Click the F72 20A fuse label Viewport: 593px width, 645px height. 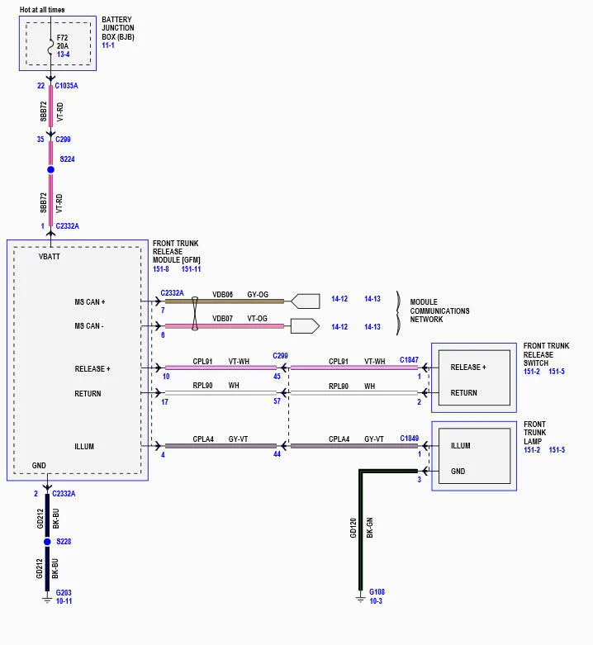coord(63,42)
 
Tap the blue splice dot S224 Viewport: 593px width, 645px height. coord(50,169)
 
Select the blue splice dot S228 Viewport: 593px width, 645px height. coord(47,542)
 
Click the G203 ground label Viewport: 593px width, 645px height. coord(64,593)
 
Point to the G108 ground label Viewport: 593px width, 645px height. coord(377,592)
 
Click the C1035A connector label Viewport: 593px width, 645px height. coord(66,86)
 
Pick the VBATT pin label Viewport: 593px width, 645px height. coord(50,257)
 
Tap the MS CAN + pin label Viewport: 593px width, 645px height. coord(90,302)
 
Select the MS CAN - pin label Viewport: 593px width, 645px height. coord(89,325)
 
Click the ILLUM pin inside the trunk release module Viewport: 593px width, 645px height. coord(84,446)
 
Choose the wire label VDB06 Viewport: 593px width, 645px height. coord(222,295)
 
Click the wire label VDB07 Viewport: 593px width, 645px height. coord(222,319)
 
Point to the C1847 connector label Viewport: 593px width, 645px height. coord(409,360)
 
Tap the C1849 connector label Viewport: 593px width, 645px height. coord(409,439)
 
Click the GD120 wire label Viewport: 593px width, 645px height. coord(353,528)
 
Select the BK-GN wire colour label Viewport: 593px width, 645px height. coord(370,528)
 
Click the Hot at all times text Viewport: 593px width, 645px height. coord(42,9)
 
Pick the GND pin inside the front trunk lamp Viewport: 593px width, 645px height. coord(458,472)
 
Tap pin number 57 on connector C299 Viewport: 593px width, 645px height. coord(278,401)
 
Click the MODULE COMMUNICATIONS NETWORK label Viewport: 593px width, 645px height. coord(439,311)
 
